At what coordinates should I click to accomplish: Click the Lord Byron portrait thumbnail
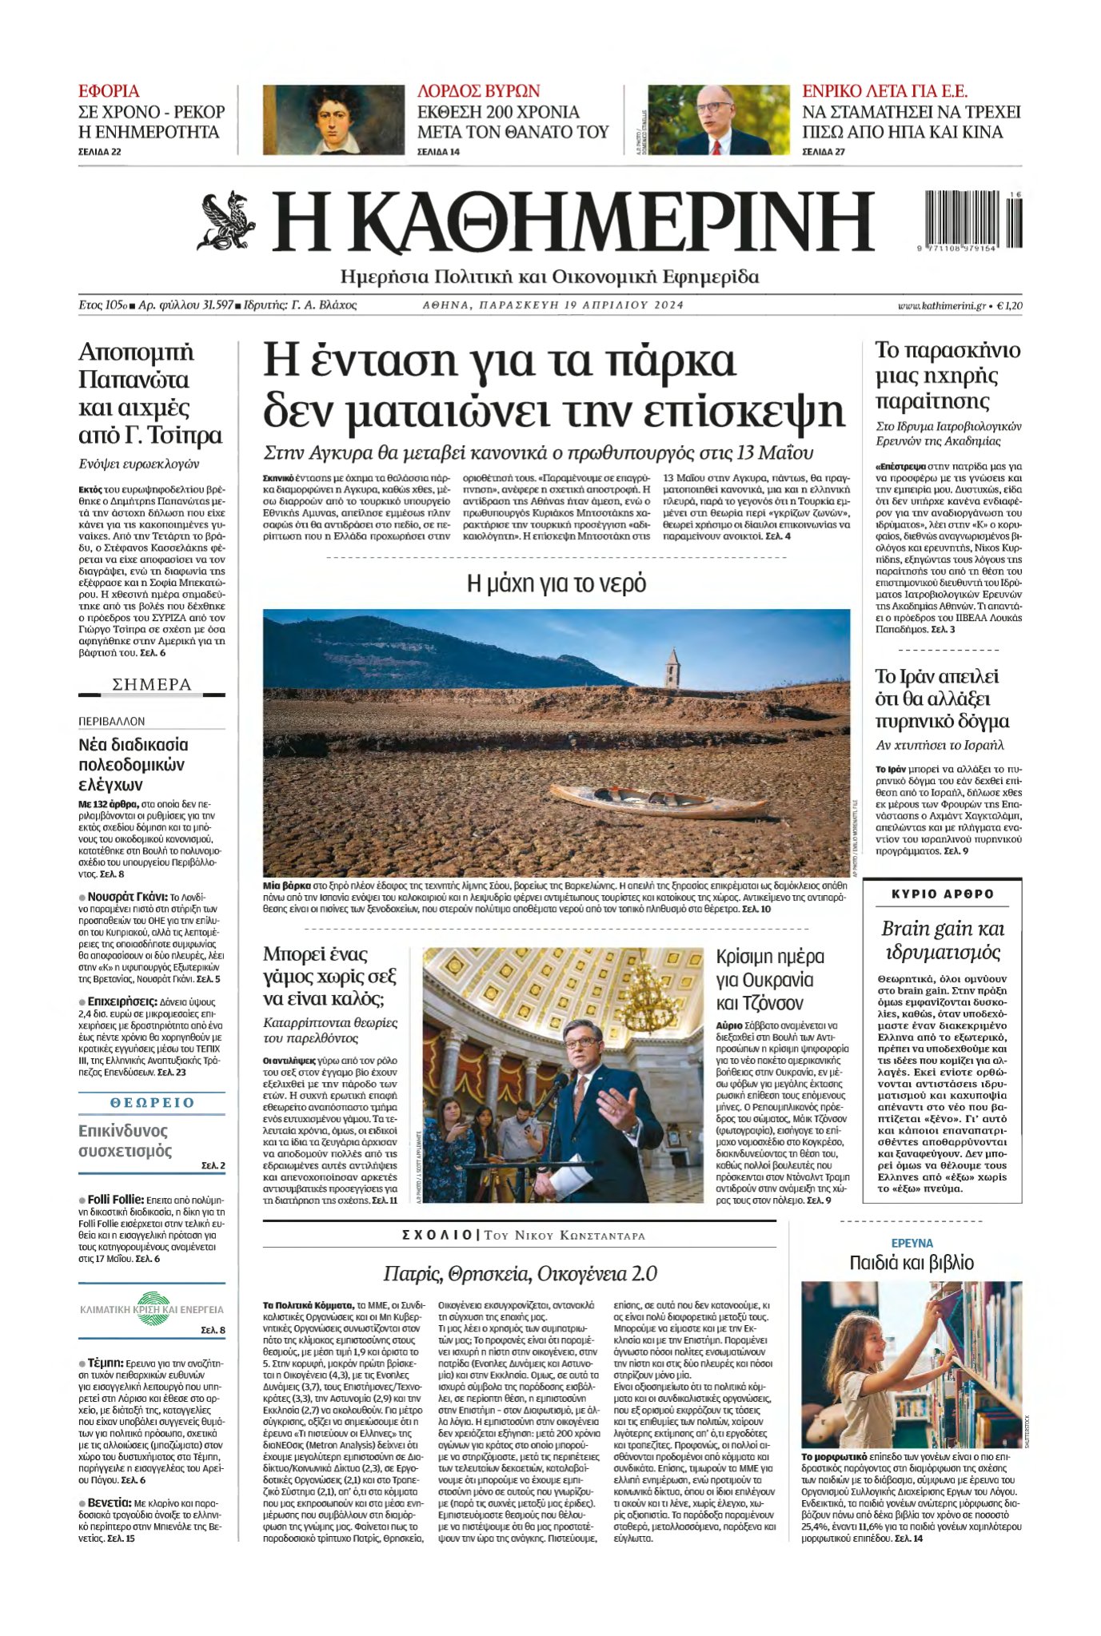333,119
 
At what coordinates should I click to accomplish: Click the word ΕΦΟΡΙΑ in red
109,91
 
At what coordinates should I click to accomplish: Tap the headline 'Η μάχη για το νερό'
556,583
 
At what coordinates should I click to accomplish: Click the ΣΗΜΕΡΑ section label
152,685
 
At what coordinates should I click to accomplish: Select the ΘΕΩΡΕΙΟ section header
152,1102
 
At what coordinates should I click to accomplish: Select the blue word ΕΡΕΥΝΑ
912,1243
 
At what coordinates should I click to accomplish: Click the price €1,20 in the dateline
1009,305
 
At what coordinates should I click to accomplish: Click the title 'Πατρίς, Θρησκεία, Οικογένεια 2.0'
520,1273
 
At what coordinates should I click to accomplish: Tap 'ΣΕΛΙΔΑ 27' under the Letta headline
824,152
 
